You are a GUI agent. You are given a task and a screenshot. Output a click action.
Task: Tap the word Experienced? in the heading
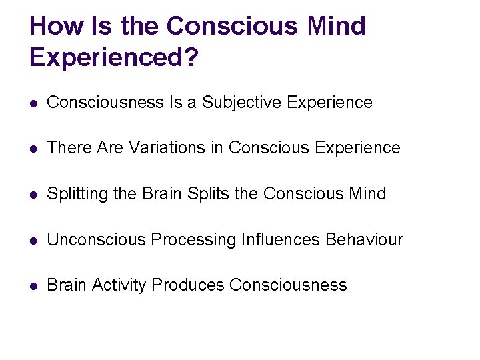(x=114, y=57)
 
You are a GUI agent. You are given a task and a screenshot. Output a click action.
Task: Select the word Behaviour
(x=364, y=239)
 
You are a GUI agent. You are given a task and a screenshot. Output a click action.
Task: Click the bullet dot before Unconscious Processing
(x=34, y=240)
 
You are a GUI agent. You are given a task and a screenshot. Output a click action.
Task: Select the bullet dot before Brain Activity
(x=34, y=285)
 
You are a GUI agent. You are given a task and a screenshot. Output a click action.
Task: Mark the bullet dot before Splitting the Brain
(x=34, y=194)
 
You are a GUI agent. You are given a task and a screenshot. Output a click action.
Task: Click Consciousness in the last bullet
(x=288, y=285)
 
